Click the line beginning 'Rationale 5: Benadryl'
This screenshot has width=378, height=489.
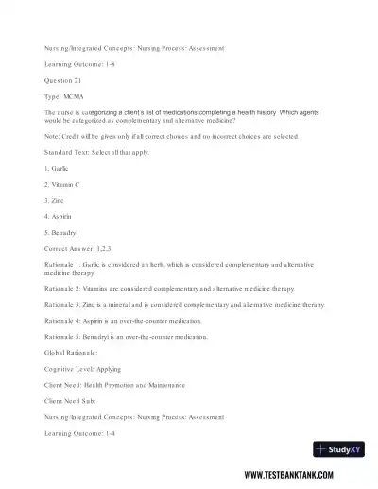129,336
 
